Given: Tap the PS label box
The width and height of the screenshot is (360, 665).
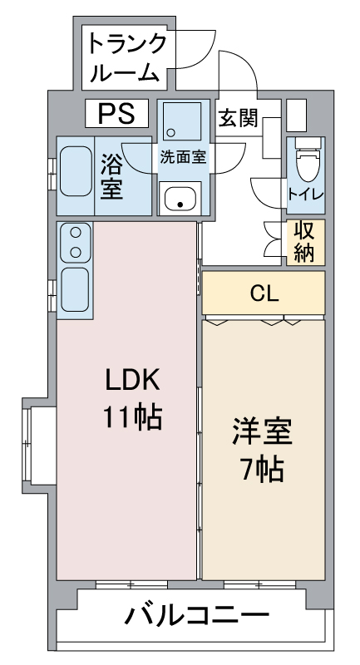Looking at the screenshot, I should tap(116, 111).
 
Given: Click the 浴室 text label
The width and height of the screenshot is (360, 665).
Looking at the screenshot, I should tap(112, 175).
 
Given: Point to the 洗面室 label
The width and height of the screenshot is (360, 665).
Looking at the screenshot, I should tap(183, 155).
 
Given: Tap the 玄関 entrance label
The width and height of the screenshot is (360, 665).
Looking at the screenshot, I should tap(237, 118).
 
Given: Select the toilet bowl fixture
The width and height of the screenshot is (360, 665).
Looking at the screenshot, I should tap(307, 162).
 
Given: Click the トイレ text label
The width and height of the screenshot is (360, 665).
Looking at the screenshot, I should tap(306, 195).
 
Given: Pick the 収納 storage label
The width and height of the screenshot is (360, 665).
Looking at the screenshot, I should tap(304, 241).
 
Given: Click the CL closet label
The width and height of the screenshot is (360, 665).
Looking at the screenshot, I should tap(264, 293).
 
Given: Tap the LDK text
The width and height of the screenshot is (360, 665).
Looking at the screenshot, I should tap(131, 379).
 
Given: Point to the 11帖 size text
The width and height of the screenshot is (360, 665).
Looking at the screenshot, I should tap(131, 415).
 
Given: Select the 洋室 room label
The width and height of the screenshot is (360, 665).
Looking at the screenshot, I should tap(262, 433).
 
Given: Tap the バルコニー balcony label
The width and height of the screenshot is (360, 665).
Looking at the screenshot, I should tap(197, 617).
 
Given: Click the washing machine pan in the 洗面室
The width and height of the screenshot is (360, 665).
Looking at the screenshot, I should tap(180, 122).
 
